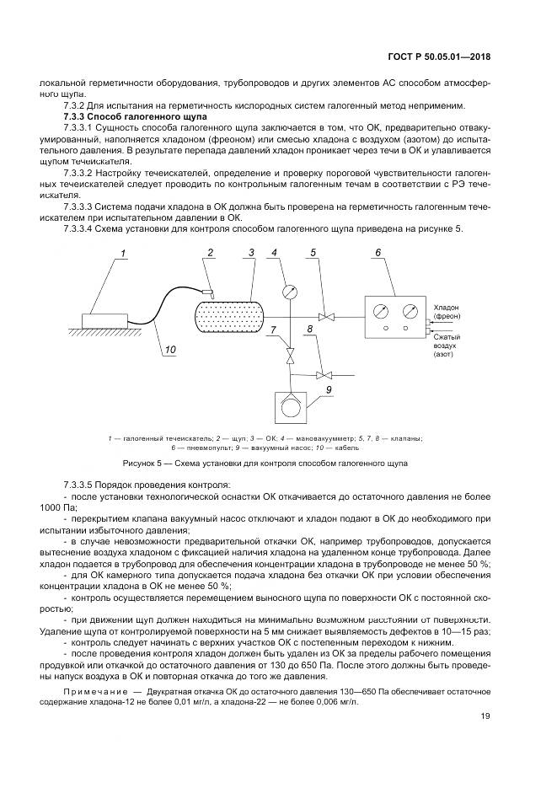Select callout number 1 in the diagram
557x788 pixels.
click(x=122, y=253)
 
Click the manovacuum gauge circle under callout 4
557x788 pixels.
click(x=290, y=292)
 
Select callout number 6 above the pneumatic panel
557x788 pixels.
click(x=378, y=252)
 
